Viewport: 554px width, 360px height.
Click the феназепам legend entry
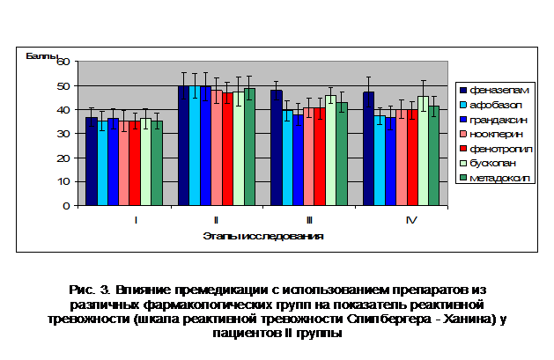pyautogui.click(x=494, y=91)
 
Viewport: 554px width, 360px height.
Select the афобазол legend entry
pyautogui.click(x=491, y=105)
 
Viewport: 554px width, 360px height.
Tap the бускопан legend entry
pyautogui.click(x=488, y=164)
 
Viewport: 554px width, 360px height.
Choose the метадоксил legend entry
pyautogui.click(x=495, y=178)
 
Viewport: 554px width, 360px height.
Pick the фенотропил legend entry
pyautogui.click(x=496, y=149)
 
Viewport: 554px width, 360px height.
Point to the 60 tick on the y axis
pyautogui.click(x=63, y=62)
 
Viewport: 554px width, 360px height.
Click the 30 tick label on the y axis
pyautogui.click(x=63, y=134)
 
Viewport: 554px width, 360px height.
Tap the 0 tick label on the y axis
pyautogui.click(x=66, y=206)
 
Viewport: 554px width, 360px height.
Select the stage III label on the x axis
pyautogui.click(x=309, y=220)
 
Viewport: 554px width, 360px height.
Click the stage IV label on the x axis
pyautogui.click(x=411, y=220)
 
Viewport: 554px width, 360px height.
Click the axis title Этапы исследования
pyautogui.click(x=263, y=236)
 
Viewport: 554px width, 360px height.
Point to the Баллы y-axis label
pyautogui.click(x=41, y=55)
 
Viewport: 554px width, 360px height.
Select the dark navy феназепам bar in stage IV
pyautogui.click(x=368, y=149)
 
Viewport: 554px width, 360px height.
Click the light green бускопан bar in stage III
pyautogui.click(x=330, y=151)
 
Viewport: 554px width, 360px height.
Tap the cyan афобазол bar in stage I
pyautogui.click(x=102, y=163)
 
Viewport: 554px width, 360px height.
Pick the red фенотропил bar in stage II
pyautogui.click(x=227, y=149)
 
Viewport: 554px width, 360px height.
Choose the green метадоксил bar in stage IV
pyautogui.click(x=434, y=156)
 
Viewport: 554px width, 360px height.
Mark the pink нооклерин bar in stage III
pyautogui.click(x=309, y=157)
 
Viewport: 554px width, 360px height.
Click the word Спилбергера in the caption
pyautogui.click(x=389, y=319)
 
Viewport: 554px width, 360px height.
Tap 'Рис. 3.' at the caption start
pyautogui.click(x=90, y=290)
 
